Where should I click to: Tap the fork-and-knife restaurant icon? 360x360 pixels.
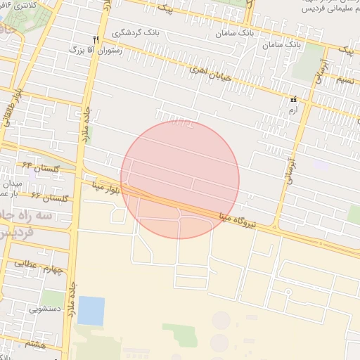[x=96, y=39]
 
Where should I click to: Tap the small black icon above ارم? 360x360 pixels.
[x=293, y=100]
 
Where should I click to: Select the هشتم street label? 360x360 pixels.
[x=35, y=343]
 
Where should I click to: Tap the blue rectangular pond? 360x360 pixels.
[x=91, y=311]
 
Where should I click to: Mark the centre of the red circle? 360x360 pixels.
[x=180, y=179]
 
